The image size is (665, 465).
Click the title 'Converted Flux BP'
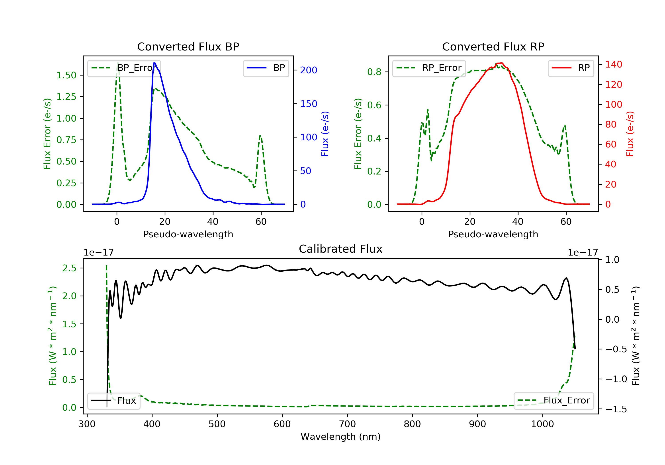point(188,46)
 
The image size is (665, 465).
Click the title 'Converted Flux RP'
point(493,46)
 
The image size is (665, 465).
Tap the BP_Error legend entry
point(123,68)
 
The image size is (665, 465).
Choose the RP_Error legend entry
point(429,68)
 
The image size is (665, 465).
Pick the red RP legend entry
point(571,68)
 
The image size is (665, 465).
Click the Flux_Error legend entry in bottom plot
point(554,401)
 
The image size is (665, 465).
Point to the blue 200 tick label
point(309,70)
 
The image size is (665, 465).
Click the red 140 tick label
point(613,64)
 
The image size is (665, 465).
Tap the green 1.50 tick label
point(66,75)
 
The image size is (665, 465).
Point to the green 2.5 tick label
point(69,268)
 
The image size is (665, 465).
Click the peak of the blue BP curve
point(154,63)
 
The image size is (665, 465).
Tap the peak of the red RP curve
point(501,63)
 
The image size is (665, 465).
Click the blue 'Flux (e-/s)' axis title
point(325,134)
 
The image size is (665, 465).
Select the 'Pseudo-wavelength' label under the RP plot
point(493,234)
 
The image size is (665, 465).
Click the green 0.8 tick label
point(374,72)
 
